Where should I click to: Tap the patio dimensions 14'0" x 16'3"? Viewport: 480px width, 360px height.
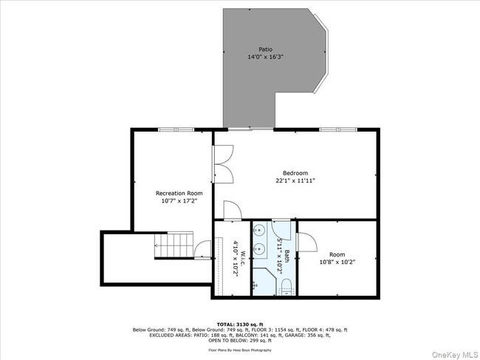pyautogui.click(x=265, y=56)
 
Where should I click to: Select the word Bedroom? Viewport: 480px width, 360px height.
pyautogui.click(x=295, y=172)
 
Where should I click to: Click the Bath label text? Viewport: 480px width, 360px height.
pyautogui.click(x=287, y=257)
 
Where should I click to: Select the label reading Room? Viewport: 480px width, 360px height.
pyautogui.click(x=337, y=254)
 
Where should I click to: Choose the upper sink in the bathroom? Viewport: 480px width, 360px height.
pyautogui.click(x=258, y=231)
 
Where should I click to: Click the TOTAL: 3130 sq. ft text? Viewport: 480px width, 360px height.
pyautogui.click(x=239, y=324)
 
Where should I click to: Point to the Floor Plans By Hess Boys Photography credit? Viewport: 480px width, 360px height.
pyautogui.click(x=239, y=349)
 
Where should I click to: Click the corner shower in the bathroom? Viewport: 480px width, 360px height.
pyautogui.click(x=262, y=282)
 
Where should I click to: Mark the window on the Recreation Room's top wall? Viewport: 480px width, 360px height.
pyautogui.click(x=176, y=129)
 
